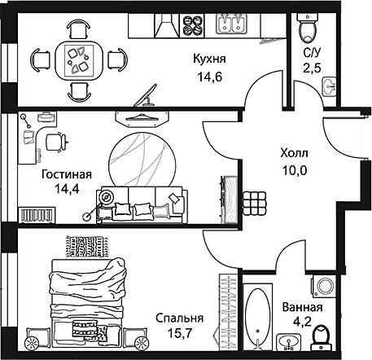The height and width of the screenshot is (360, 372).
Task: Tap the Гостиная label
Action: (65, 174)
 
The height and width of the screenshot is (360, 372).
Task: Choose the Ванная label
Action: (302, 308)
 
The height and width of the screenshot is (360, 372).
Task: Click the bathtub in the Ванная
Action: (257, 318)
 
